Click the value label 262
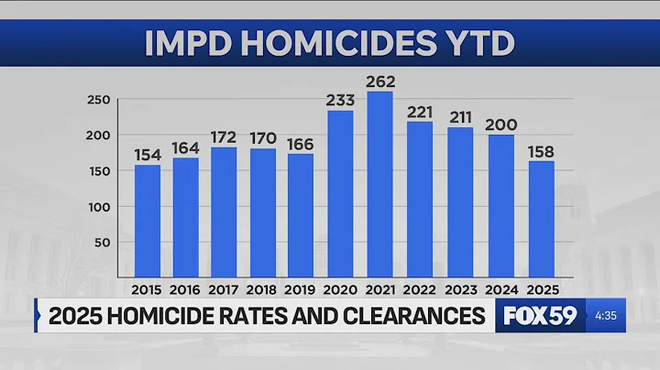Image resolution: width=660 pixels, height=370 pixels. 379,80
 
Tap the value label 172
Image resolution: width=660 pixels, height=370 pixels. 225,136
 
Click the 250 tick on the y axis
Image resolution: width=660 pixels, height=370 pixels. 100,100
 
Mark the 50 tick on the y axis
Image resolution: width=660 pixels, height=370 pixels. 104,242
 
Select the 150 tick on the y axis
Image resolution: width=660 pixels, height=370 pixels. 100,171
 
